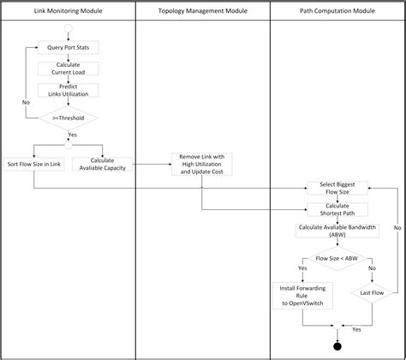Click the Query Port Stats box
(x=69, y=48)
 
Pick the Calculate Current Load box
(x=69, y=69)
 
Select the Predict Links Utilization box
(x=69, y=90)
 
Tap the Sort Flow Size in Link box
(x=33, y=163)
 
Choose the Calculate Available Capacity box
(x=102, y=163)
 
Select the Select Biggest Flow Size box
(x=337, y=188)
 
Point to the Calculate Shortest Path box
(x=337, y=208)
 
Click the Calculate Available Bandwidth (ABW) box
(x=337, y=231)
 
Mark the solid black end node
(x=337, y=346)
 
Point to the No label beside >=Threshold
(x=27, y=101)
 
